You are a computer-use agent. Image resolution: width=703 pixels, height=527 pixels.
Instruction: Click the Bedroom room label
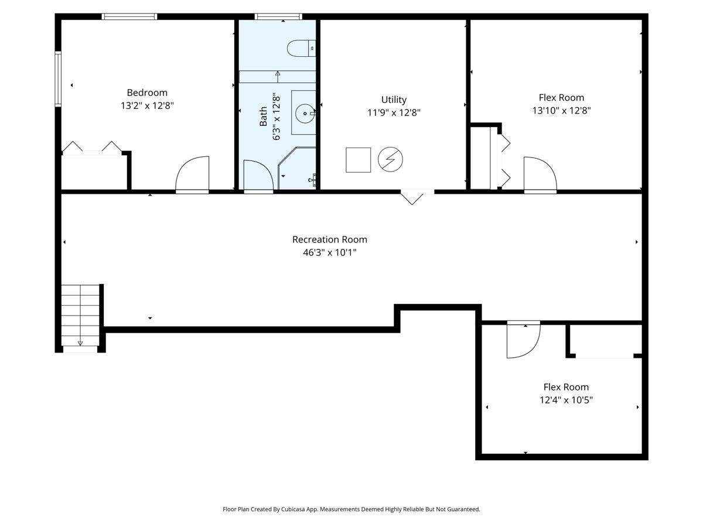tap(147, 93)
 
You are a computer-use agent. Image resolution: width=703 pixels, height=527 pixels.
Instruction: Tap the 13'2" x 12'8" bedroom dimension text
tap(147, 106)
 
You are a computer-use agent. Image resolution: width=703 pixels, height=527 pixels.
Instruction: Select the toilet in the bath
tap(302, 48)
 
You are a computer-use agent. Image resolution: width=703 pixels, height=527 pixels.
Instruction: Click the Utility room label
tap(394, 100)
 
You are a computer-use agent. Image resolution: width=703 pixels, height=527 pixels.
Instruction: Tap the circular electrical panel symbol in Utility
tap(391, 159)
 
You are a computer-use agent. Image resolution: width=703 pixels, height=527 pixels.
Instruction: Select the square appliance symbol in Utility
tap(358, 160)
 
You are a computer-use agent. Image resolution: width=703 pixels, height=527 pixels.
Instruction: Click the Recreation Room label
tap(330, 239)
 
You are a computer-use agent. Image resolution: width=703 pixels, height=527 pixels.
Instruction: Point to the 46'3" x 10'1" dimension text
tap(330, 253)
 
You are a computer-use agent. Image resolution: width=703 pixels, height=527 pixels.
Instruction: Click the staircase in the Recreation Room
tap(80, 316)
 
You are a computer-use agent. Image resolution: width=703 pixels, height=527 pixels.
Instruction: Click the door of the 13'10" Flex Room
tap(540, 174)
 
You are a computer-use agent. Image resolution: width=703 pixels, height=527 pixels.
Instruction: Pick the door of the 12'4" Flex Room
tap(523, 340)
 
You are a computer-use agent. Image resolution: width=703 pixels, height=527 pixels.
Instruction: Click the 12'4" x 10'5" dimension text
tap(566, 401)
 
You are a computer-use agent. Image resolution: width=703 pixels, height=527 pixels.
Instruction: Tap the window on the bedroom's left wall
tap(58, 79)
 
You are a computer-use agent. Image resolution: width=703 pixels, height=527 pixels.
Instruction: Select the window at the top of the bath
tap(278, 16)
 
